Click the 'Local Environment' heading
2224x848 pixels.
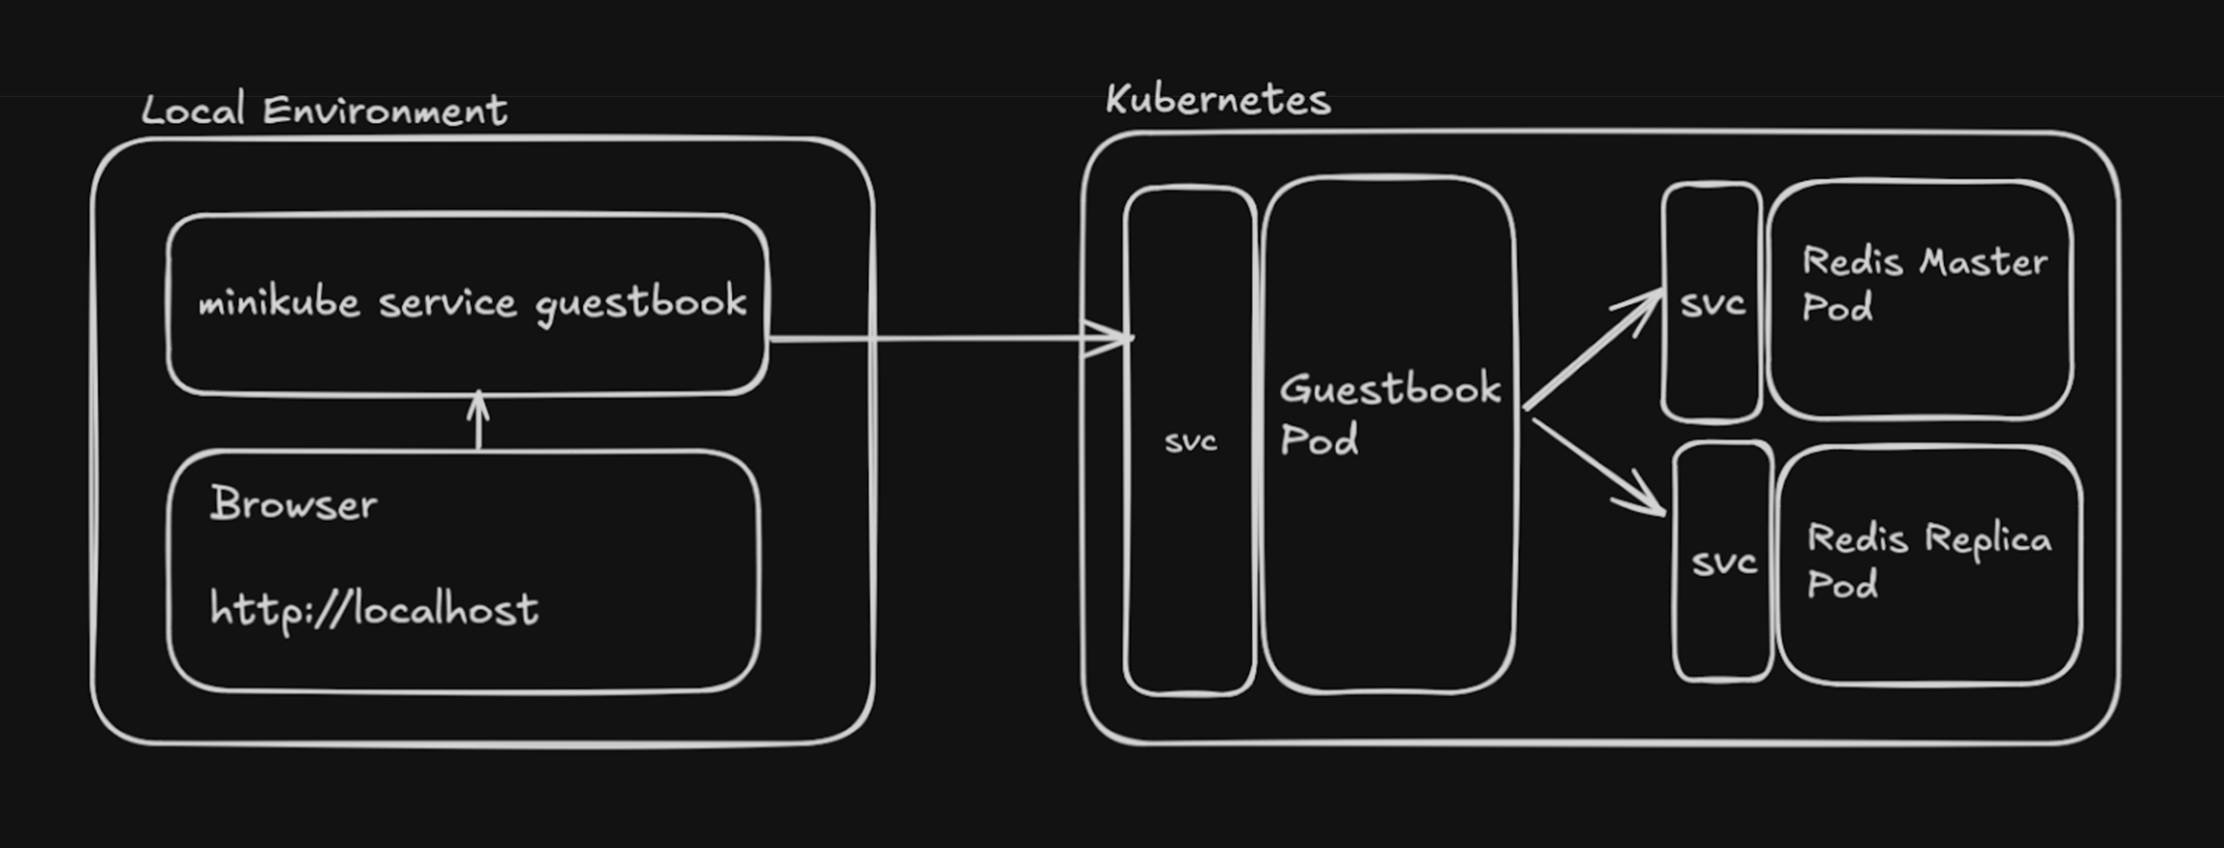[324, 111]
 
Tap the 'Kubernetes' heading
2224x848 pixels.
[1218, 100]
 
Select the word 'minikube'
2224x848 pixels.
[278, 302]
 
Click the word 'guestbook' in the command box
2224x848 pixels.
[641, 304]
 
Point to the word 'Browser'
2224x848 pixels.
[294, 504]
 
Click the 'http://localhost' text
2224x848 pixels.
[373, 608]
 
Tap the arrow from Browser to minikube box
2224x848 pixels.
[478, 422]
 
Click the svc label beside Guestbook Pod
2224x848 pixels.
[1191, 442]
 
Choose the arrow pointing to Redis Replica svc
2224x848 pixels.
[1600, 468]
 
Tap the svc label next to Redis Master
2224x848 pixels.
[1712, 304]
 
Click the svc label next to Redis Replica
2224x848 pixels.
[1724, 563]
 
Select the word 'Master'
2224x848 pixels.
[1983, 262]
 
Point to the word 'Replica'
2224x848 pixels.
[1988, 540]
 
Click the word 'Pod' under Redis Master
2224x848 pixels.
[1837, 308]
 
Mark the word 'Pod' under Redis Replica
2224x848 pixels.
[1842, 586]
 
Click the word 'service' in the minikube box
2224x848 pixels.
[448, 303]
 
